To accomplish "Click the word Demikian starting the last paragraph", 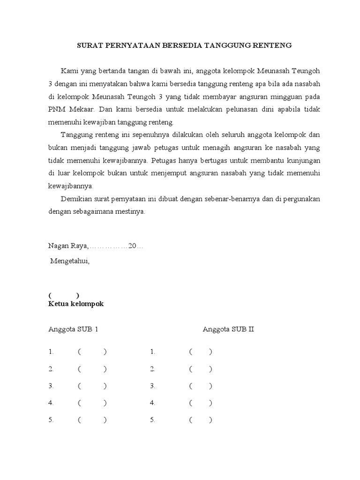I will click(x=75, y=198).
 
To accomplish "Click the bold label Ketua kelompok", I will click(x=76, y=304).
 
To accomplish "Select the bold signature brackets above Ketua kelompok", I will click(x=63, y=295).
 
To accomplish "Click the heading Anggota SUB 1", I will click(x=73, y=329).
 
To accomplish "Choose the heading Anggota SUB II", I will click(x=228, y=329).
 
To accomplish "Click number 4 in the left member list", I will click(x=51, y=403).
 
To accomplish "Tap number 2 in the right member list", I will click(x=152, y=369).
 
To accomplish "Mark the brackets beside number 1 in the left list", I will click(x=92, y=352).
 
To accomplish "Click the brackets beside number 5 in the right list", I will click(x=201, y=420).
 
